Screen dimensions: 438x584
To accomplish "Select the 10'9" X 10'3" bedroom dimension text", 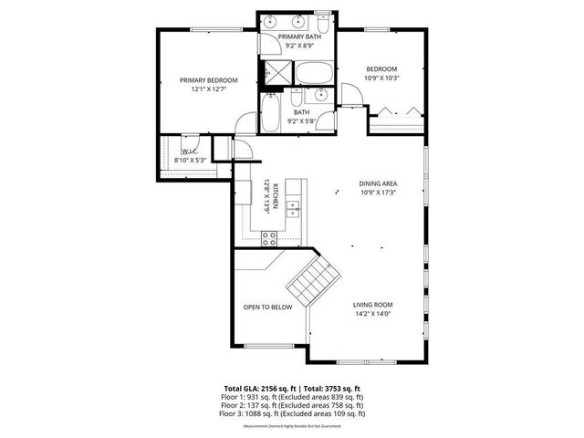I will [x=381, y=78].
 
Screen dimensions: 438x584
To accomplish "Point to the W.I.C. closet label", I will [x=190, y=151].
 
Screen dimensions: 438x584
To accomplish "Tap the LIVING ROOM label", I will [x=372, y=305].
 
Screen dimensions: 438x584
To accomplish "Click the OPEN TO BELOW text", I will [x=267, y=307].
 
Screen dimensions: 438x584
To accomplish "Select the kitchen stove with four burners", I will [x=270, y=238].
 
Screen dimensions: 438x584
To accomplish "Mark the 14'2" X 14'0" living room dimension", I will [x=372, y=314].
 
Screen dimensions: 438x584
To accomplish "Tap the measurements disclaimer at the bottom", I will [x=292, y=423].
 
